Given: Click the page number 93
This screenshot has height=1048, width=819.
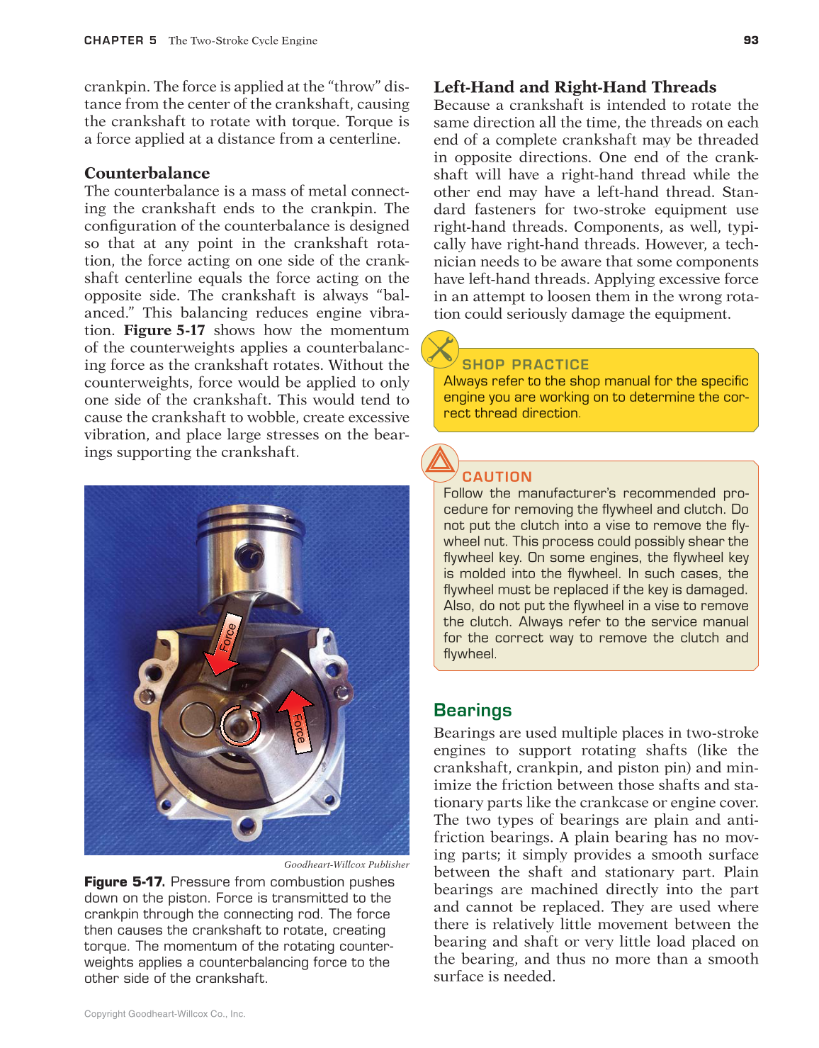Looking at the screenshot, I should tap(751, 40).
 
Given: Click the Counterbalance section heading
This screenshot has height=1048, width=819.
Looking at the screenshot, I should tap(147, 173).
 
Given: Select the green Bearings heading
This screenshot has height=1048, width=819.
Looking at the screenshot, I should tap(473, 710).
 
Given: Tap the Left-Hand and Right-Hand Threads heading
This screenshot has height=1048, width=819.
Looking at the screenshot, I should tap(575, 87).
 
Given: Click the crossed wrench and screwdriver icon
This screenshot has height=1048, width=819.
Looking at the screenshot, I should tap(440, 349).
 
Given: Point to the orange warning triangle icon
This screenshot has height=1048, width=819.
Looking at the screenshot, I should tap(440, 462).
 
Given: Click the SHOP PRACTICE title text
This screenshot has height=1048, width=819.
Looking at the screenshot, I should tap(525, 364).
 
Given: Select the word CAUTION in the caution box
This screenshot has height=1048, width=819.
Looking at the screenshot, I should tap(497, 477).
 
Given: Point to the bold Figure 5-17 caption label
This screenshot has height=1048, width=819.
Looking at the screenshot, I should tap(124, 881).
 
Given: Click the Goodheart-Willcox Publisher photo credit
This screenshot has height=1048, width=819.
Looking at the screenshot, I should tap(346, 864).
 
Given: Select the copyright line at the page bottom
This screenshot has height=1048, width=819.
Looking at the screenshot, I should tap(164, 1014).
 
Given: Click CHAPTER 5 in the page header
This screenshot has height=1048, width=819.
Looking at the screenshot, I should tap(120, 40).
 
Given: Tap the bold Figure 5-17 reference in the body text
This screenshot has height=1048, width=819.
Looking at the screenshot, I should tap(164, 330).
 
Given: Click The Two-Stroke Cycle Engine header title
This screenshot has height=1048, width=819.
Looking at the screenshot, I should tap(243, 40).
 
